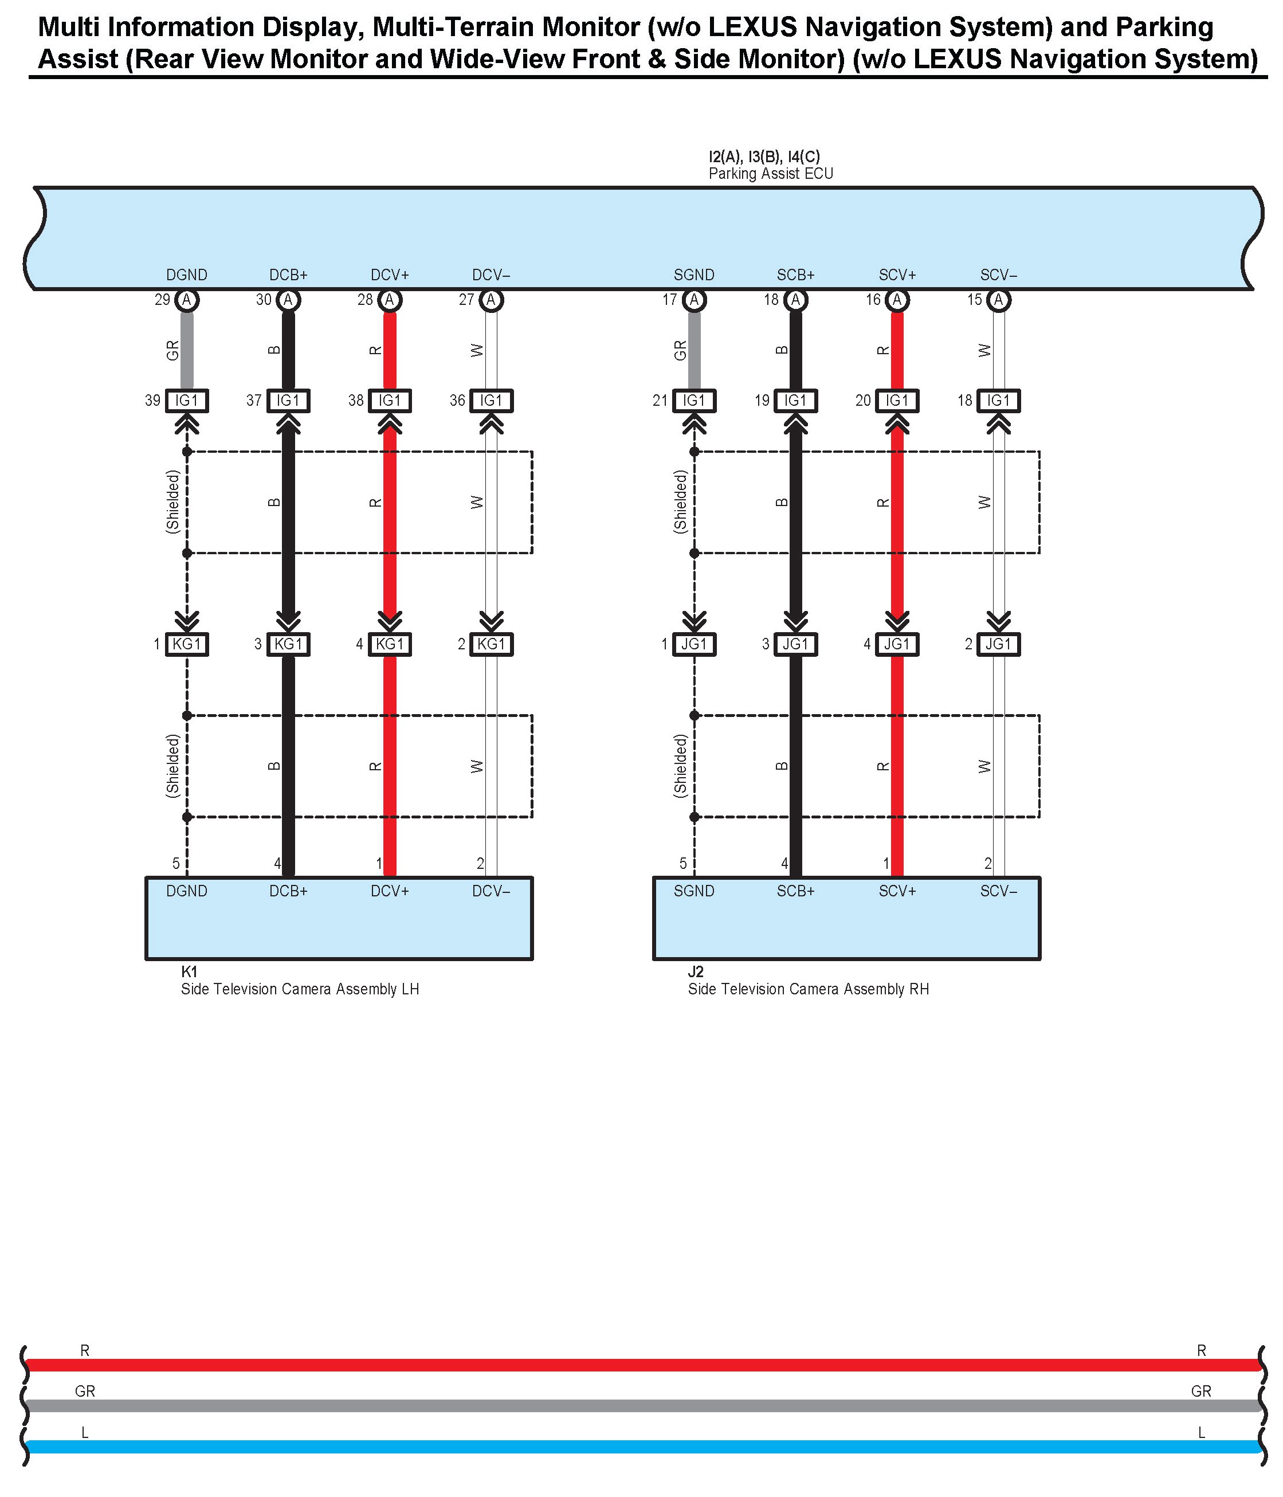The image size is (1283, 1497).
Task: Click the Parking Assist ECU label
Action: (x=770, y=174)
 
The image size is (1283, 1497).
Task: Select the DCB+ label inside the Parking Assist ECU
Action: (x=288, y=275)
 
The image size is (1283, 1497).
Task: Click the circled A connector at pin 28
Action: (x=390, y=300)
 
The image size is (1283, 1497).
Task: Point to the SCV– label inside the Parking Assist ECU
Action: (x=998, y=275)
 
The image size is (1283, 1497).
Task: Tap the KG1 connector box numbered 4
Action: (x=390, y=644)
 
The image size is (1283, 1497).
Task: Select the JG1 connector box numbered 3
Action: (x=795, y=644)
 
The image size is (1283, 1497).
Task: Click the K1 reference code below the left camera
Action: (x=189, y=973)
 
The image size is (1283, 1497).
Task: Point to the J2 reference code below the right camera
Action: (x=696, y=973)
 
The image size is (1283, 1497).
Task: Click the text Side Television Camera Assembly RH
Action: (x=807, y=989)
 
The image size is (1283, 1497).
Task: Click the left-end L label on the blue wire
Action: (x=85, y=1433)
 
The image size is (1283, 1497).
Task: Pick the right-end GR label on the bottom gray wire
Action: (x=1200, y=1391)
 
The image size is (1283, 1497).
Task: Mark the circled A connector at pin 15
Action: (x=998, y=300)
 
